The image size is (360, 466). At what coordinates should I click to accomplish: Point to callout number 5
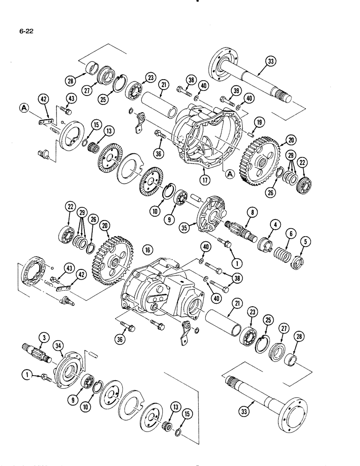[x=304, y=255]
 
